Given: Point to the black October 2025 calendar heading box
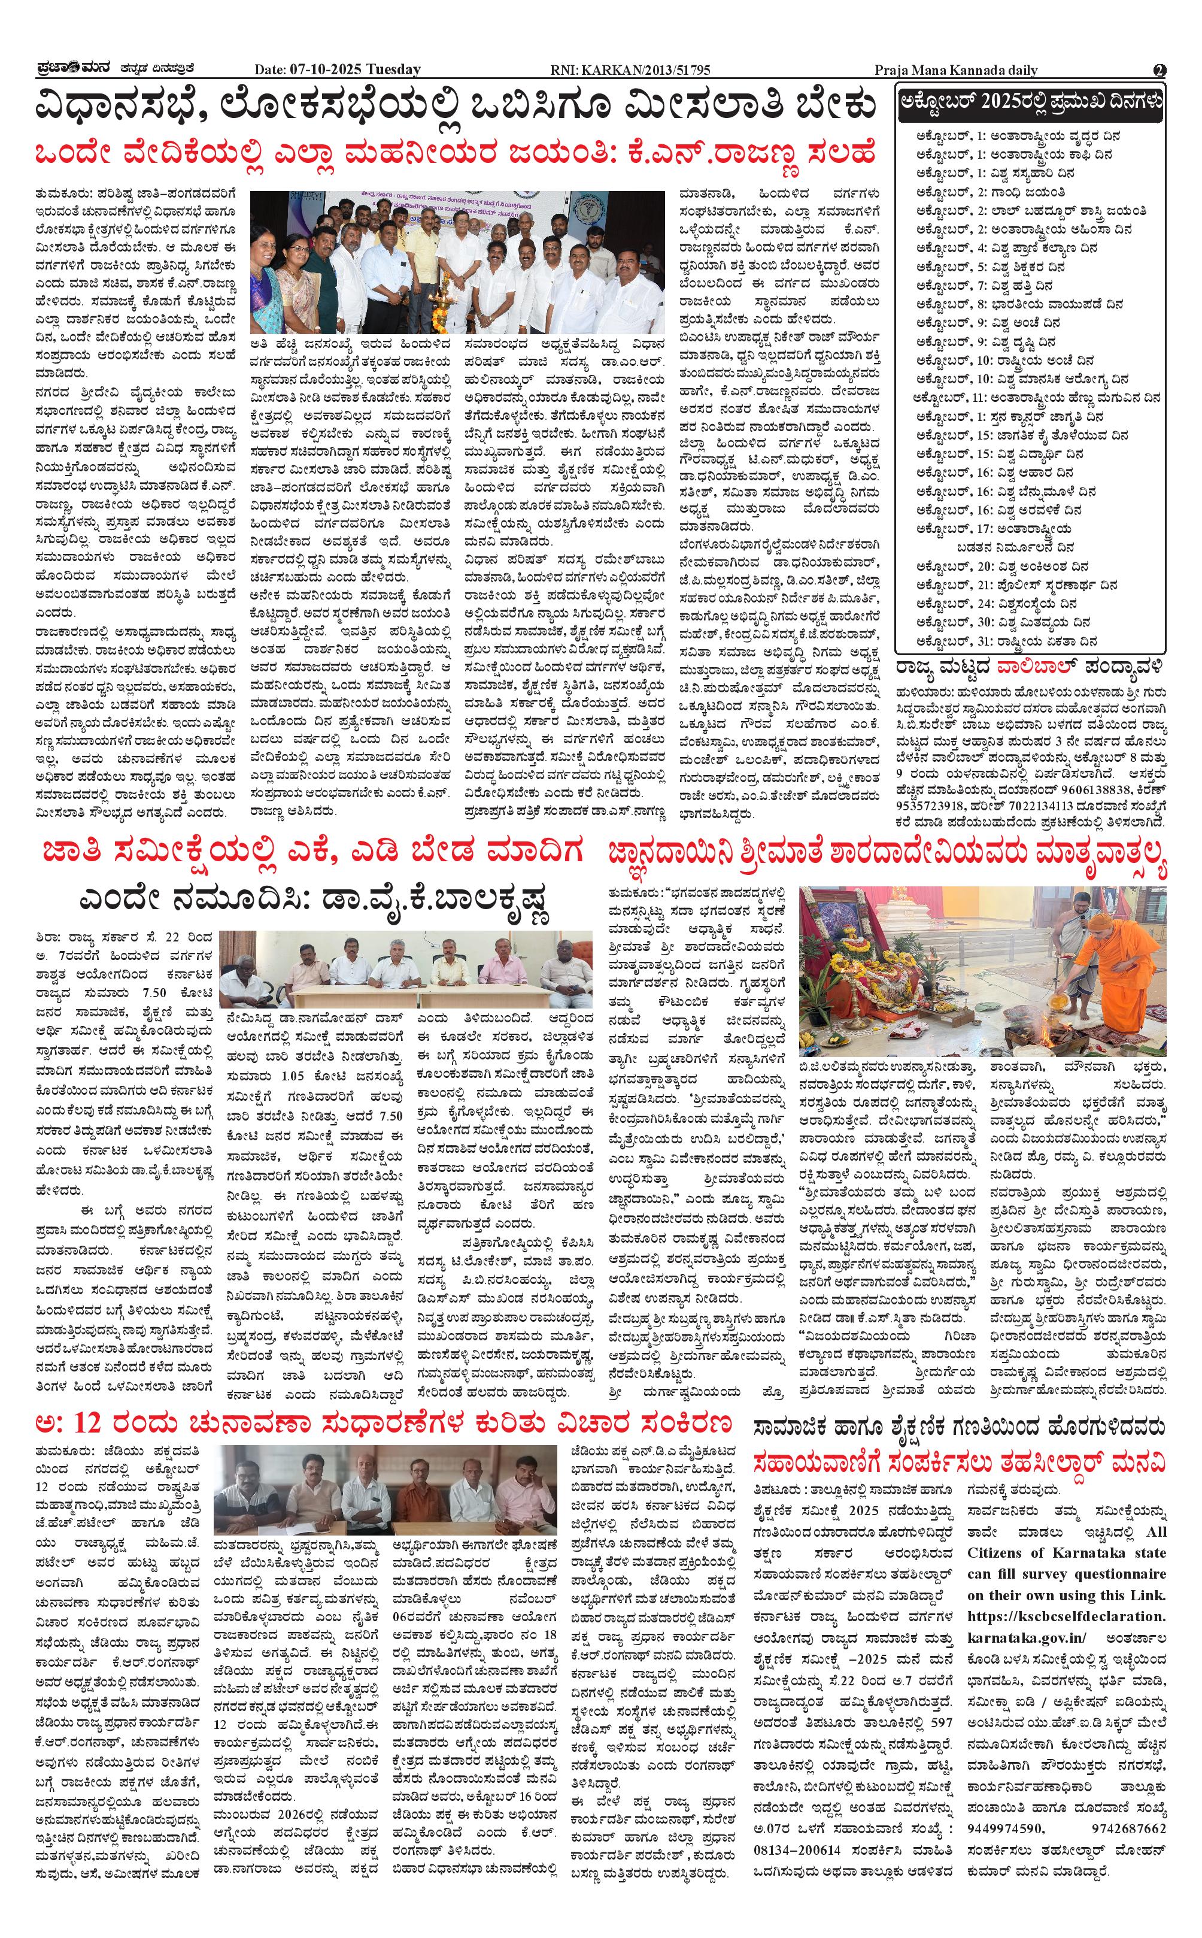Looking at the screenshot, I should click(1030, 104).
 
